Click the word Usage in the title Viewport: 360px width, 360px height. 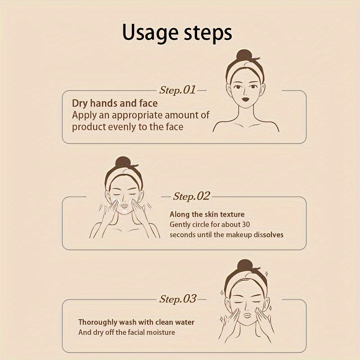(x=150, y=32)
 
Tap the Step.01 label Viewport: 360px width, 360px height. (x=177, y=90)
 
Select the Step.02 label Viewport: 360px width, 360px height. (x=191, y=196)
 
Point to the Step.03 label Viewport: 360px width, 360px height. (x=178, y=299)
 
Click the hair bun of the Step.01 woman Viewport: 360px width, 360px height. (x=244, y=55)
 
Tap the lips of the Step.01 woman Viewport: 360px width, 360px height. (x=245, y=99)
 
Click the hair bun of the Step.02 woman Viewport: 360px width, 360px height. (x=123, y=162)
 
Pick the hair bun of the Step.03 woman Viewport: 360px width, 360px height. (x=245, y=265)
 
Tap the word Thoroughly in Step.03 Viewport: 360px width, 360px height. (x=98, y=323)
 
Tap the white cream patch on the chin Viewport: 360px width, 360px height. (x=125, y=211)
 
